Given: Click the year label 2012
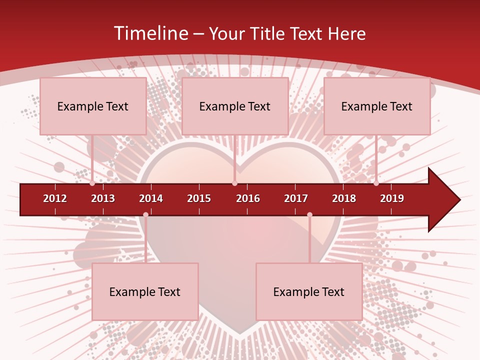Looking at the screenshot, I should (x=55, y=198).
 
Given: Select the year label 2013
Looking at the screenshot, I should (x=103, y=198).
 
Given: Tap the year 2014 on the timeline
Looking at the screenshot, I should (x=151, y=198).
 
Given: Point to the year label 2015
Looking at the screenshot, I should (x=199, y=198).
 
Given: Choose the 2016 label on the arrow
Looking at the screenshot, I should (x=248, y=198).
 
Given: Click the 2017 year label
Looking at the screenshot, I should (x=296, y=198).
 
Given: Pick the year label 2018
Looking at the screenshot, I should (x=344, y=198).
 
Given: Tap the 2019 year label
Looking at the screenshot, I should (x=392, y=198).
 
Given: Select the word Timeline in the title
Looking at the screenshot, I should (x=150, y=33).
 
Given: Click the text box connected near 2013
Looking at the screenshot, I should (x=93, y=106).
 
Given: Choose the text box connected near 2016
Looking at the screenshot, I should (x=235, y=106).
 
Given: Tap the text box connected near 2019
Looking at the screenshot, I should (x=377, y=106).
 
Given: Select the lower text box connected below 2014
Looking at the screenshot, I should (x=145, y=291).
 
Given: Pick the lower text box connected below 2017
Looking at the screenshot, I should (x=309, y=291).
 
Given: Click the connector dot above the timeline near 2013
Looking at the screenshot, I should (x=92, y=183).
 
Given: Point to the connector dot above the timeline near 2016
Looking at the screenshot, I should (x=234, y=183).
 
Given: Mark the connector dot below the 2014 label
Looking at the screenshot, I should (x=145, y=214).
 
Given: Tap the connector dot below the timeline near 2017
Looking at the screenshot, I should (x=309, y=214).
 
